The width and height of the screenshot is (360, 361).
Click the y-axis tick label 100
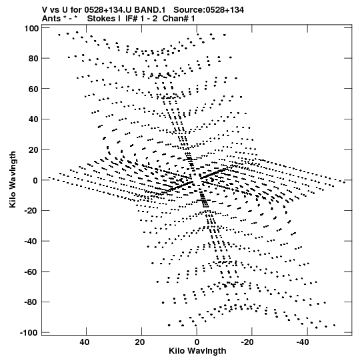pyautogui.click(x=31, y=29)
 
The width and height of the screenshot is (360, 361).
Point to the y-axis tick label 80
pyautogui.click(x=33, y=59)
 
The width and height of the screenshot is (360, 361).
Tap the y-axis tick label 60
pyautogui.click(x=33, y=89)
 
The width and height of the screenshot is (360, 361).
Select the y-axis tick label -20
pyautogui.click(x=31, y=211)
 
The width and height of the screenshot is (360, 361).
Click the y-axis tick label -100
pyautogui.click(x=29, y=333)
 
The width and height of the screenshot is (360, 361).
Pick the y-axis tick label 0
pyautogui.click(x=35, y=180)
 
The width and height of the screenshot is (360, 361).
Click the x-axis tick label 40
pyautogui.click(x=85, y=342)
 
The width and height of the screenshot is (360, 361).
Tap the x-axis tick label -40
pyautogui.click(x=303, y=342)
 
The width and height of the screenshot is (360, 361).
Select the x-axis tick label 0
pyautogui.click(x=197, y=342)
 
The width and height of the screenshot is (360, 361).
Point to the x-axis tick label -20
pyautogui.click(x=248, y=342)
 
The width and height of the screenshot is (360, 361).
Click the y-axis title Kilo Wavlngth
pyautogui.click(x=13, y=179)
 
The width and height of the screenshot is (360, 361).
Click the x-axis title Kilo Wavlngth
pyautogui.click(x=197, y=351)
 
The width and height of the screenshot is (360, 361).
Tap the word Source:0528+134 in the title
pyautogui.click(x=209, y=10)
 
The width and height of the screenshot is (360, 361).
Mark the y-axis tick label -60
pyautogui.click(x=31, y=272)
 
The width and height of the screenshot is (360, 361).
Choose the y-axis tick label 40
pyautogui.click(x=33, y=119)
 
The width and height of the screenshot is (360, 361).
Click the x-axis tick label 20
pyautogui.click(x=140, y=342)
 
